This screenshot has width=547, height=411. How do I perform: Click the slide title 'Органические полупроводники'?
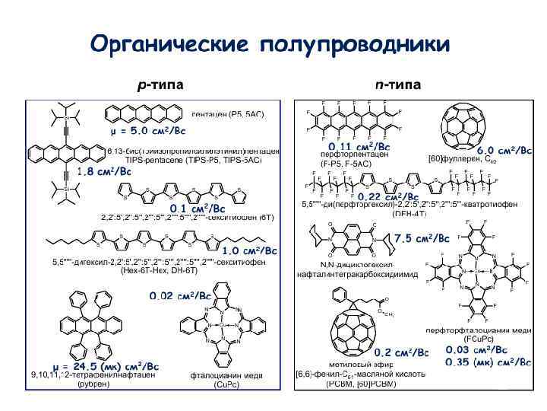point(270,45)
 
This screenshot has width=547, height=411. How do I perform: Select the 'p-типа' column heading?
point(160,84)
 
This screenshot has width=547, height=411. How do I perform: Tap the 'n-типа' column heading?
point(398,84)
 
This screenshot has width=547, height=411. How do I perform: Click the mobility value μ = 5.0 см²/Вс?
point(143,131)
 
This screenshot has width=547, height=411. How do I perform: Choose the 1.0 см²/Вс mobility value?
point(250,250)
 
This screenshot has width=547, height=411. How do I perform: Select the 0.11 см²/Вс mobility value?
point(359,145)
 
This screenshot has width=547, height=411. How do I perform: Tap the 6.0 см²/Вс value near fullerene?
point(504,151)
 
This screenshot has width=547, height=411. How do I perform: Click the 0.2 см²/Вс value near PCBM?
point(401,352)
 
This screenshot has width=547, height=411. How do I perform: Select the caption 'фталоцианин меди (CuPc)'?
point(226,380)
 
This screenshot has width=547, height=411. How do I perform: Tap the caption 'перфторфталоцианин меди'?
point(478,330)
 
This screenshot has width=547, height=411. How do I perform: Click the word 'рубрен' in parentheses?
point(93,384)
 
